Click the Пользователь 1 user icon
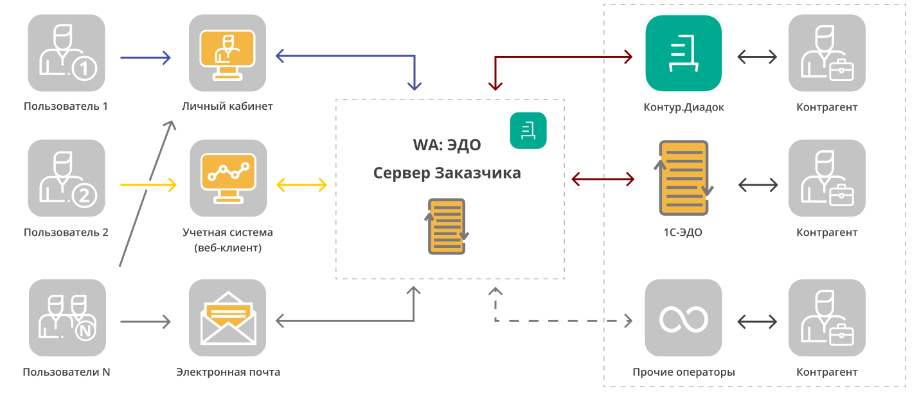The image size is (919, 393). point(66,53)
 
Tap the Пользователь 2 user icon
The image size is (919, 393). point(66,178)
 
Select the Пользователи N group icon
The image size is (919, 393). point(67,317)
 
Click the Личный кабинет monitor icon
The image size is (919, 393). point(227,53)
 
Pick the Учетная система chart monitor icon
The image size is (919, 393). point(228,178)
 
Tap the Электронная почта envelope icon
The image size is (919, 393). point(228,317)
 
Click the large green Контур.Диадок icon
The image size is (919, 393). point(683,53)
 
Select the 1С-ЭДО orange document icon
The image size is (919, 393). point(684,178)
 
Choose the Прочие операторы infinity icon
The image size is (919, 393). point(683,318)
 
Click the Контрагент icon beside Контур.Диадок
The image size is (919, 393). point(826,53)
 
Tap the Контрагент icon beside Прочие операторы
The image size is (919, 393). point(826,318)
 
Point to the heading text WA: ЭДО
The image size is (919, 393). point(447,145)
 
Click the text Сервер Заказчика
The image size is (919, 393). point(447,173)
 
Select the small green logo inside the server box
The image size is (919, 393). point(528,131)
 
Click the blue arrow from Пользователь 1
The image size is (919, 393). point(145,58)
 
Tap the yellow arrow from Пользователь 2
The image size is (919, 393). point(148,185)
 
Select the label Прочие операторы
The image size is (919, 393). point(683,372)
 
